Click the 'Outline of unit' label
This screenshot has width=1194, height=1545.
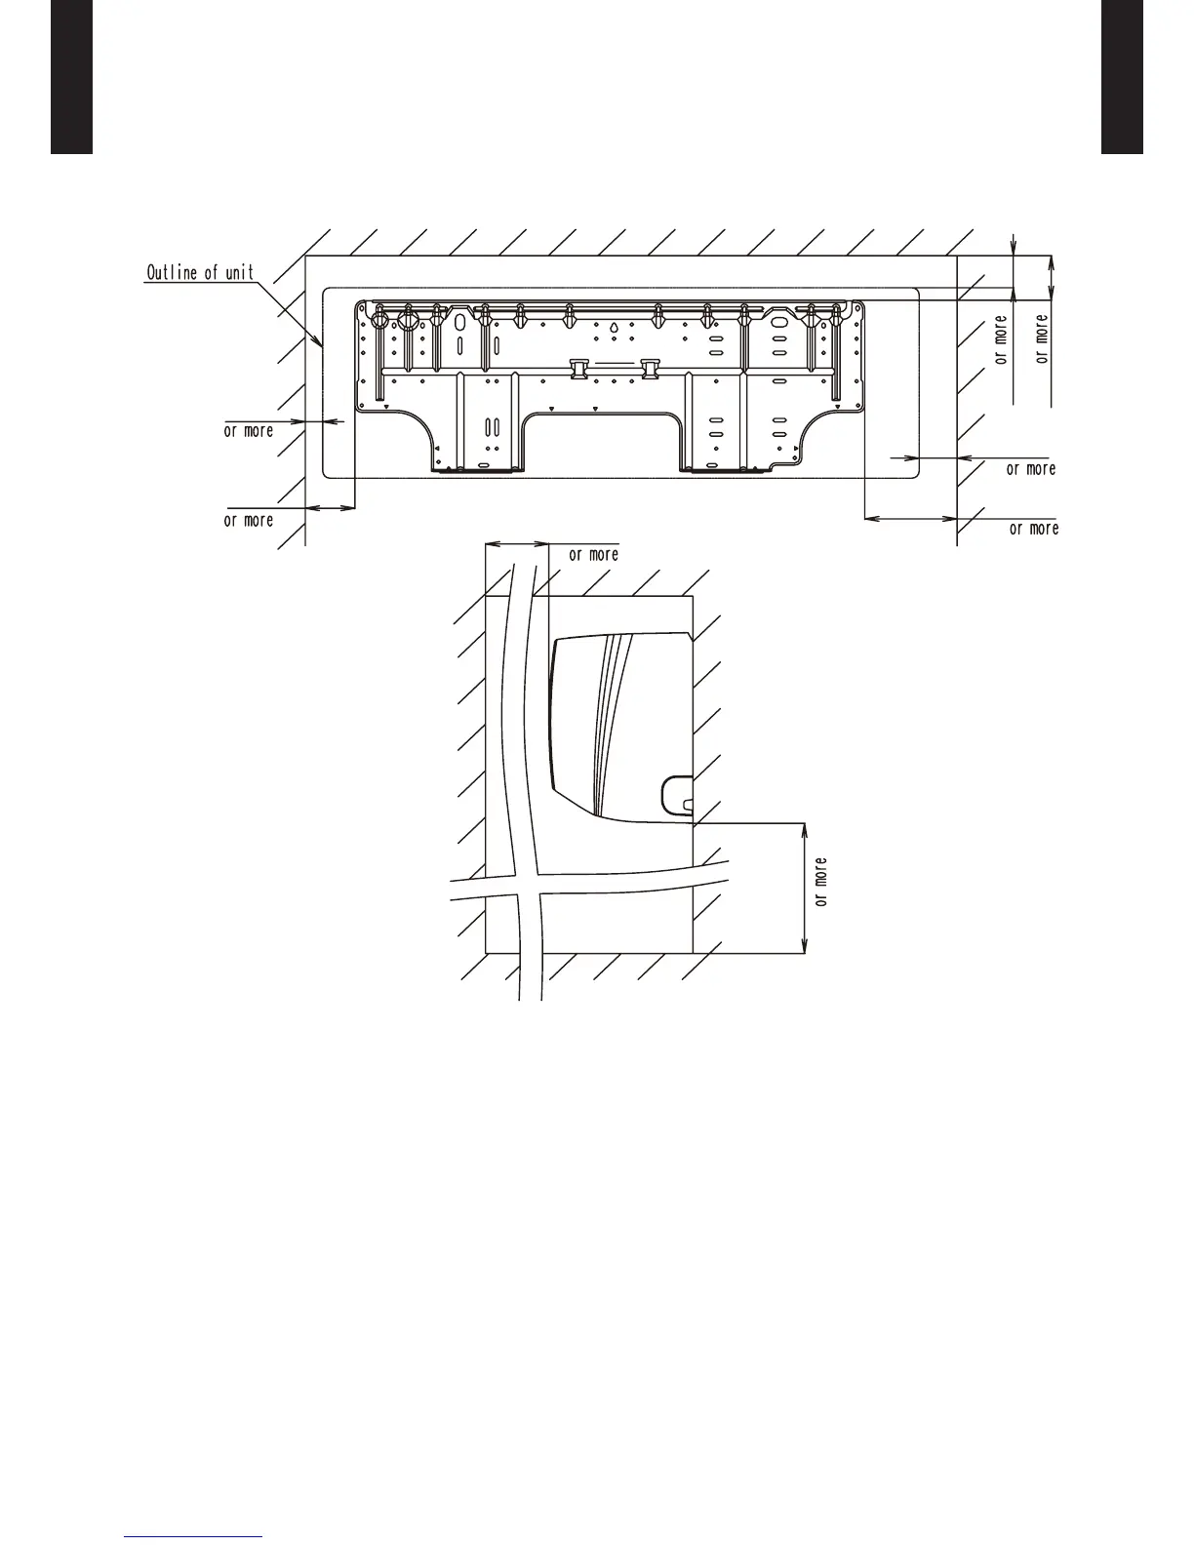coord(200,272)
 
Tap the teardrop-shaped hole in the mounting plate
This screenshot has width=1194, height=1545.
coord(614,328)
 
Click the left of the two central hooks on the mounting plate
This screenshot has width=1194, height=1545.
coord(579,369)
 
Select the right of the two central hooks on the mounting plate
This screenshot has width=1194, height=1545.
coord(650,369)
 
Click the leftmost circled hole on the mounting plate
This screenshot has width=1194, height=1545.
coord(380,321)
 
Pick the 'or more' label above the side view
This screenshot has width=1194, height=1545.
coord(594,555)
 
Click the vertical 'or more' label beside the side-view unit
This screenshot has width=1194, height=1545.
coord(821,882)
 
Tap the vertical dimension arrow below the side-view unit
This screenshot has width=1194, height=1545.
coord(804,888)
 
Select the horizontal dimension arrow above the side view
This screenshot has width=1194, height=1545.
coord(516,544)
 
